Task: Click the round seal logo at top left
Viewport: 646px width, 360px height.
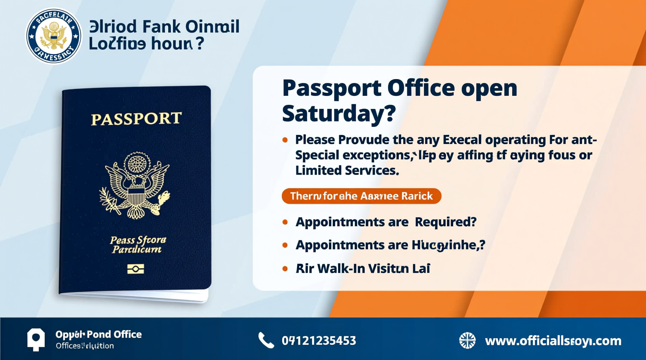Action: [54, 36]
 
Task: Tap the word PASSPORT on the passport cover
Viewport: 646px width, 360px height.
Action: [136, 119]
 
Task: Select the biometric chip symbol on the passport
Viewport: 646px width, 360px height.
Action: [135, 269]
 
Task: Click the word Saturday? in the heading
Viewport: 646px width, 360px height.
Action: [339, 113]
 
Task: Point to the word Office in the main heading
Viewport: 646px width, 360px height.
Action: [421, 88]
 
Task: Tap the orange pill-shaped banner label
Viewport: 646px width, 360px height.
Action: [361, 196]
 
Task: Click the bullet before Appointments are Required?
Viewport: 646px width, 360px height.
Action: [285, 222]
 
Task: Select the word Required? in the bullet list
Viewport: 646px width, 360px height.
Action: [445, 222]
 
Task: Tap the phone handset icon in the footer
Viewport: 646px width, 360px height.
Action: [266, 341]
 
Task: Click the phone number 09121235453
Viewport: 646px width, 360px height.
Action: [319, 341]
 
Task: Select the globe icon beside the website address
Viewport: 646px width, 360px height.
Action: [467, 341]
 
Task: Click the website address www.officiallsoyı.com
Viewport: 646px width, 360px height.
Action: [553, 341]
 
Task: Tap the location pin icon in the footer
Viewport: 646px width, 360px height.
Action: [36, 339]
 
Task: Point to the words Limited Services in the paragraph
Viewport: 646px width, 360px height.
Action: [347, 170]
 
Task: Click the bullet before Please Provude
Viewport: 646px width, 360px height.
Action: [285, 140]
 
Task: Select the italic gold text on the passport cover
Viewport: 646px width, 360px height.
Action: [137, 245]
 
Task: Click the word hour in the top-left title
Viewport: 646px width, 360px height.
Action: [171, 43]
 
